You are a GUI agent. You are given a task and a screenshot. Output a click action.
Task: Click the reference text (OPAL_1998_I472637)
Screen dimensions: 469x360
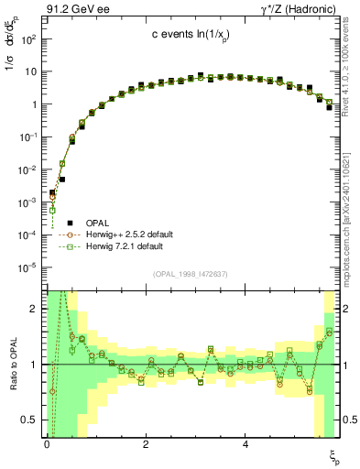coord(192,274)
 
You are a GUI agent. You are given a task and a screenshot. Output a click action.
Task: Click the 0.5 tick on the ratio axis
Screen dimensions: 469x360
coord(31,420)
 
